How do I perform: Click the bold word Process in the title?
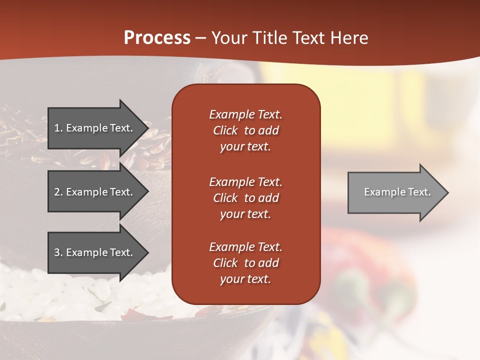pyautogui.click(x=157, y=37)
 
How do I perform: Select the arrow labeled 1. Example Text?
pyautogui.click(x=95, y=128)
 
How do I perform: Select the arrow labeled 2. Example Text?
pyautogui.click(x=95, y=192)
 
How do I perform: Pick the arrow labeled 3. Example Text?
pyautogui.click(x=95, y=252)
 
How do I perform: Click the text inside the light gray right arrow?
pyautogui.click(x=397, y=192)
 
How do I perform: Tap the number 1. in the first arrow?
pyautogui.click(x=58, y=128)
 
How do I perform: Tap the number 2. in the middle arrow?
pyautogui.click(x=58, y=192)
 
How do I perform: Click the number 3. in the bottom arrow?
pyautogui.click(x=58, y=252)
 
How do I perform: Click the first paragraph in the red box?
pyautogui.click(x=245, y=130)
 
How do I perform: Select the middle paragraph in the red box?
pyautogui.click(x=245, y=198)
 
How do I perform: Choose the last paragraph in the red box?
pyautogui.click(x=245, y=263)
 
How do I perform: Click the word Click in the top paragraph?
pyautogui.click(x=225, y=130)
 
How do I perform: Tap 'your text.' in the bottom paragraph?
pyautogui.click(x=245, y=279)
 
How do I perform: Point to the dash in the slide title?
pyautogui.click(x=200, y=38)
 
